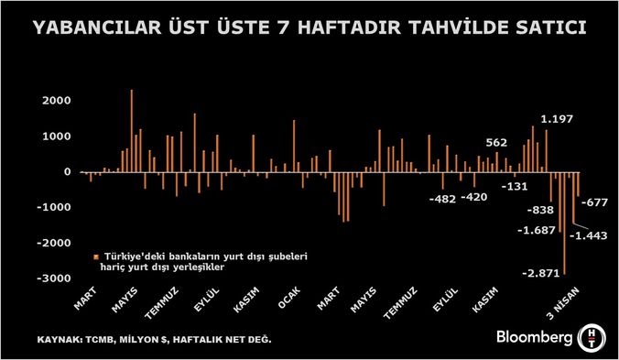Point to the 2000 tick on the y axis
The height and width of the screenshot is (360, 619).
[56, 101]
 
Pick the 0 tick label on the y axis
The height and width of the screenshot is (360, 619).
[66, 172]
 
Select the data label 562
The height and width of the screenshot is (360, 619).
[495, 142]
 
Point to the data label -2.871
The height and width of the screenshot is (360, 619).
[539, 274]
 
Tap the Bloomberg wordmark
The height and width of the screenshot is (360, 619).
[535, 335]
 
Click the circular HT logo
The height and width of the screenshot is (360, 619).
[593, 335]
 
